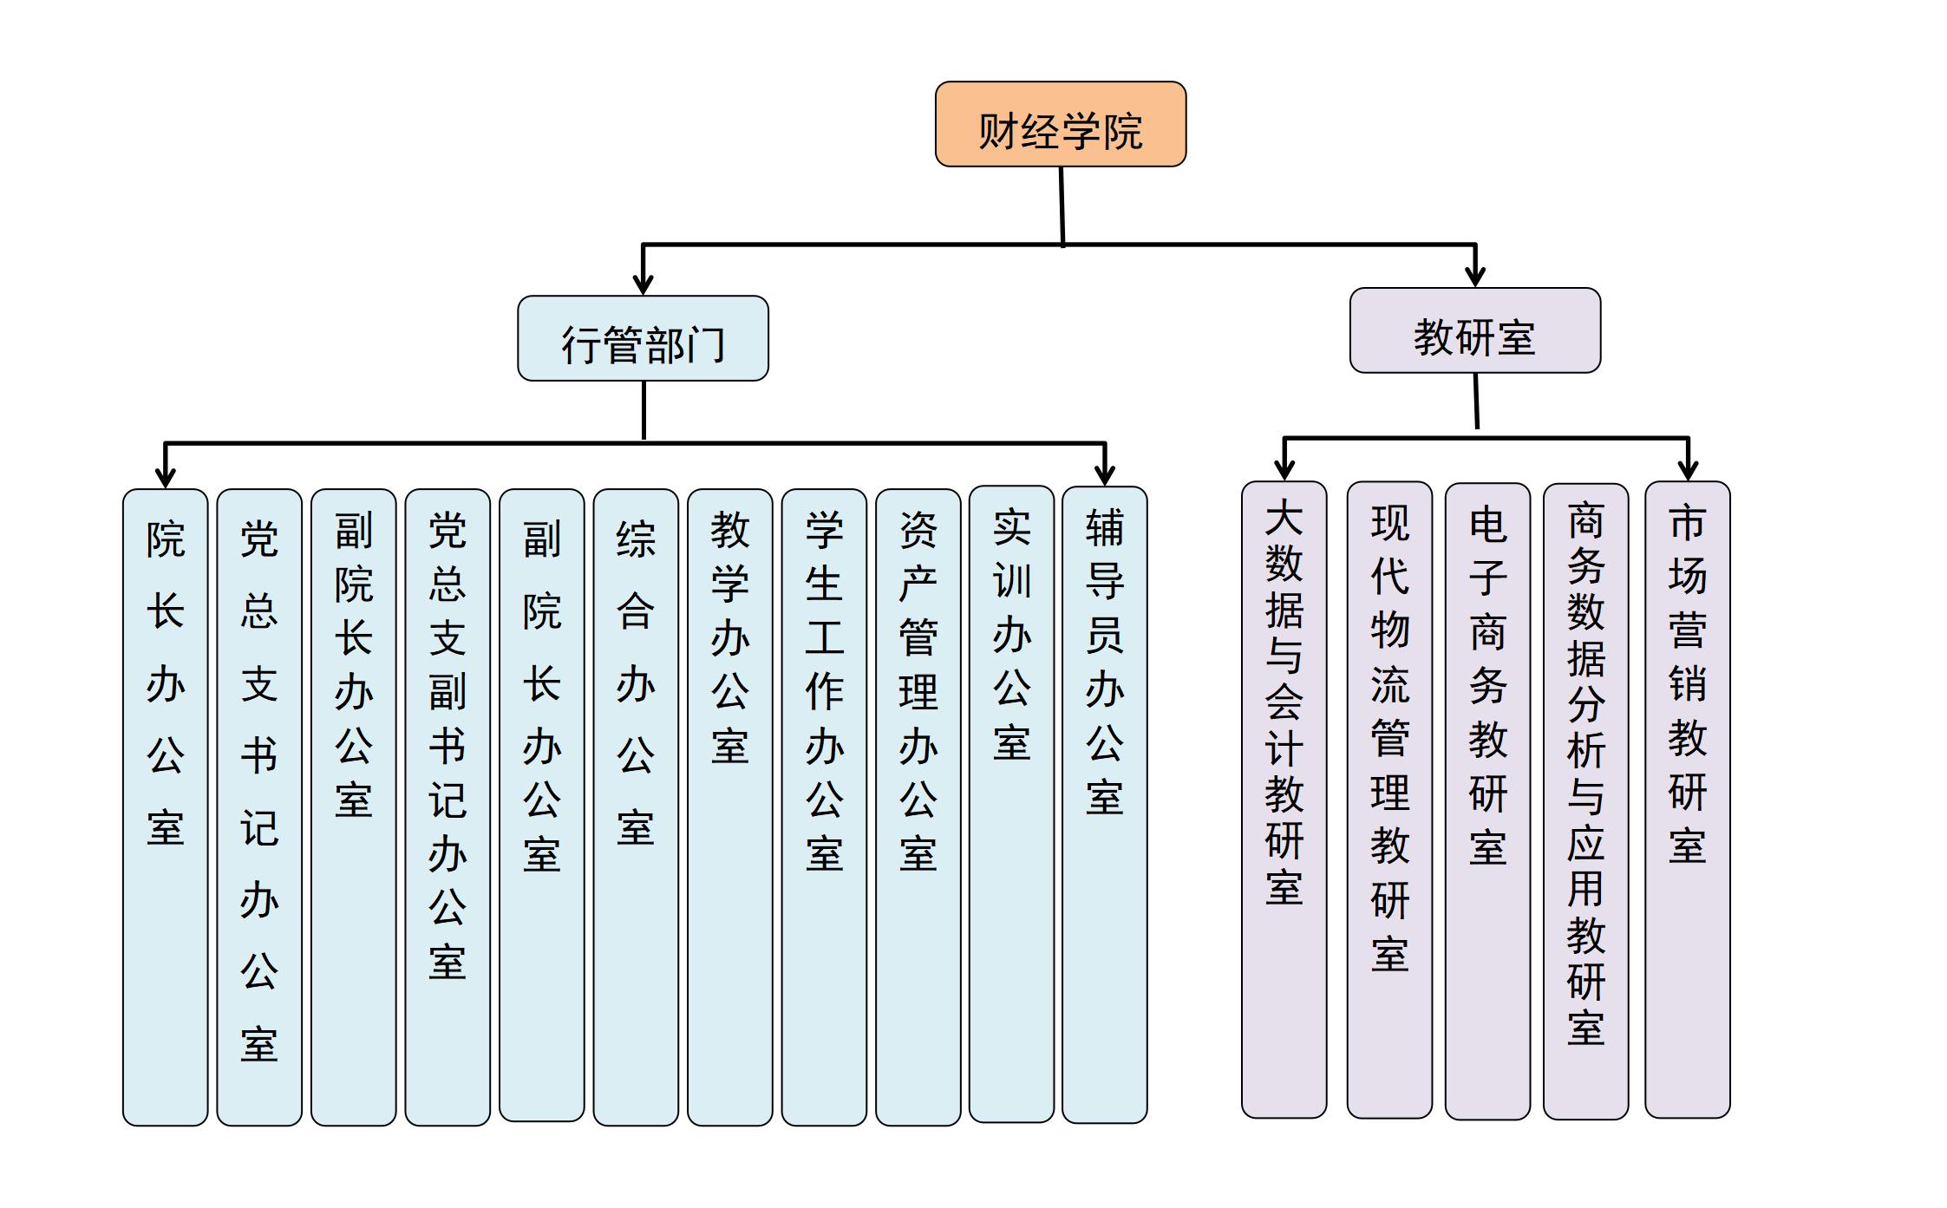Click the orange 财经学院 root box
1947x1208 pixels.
click(1060, 124)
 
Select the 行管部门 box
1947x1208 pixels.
click(643, 338)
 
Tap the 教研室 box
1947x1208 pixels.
click(1474, 330)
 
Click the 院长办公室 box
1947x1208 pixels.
click(165, 806)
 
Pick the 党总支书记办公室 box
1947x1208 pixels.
click(259, 806)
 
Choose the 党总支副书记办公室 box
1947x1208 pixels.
click(448, 806)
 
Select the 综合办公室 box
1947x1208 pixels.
click(636, 806)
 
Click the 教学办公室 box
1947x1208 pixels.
click(729, 806)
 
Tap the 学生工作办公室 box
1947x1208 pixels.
click(824, 806)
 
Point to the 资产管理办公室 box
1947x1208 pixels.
click(918, 806)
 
